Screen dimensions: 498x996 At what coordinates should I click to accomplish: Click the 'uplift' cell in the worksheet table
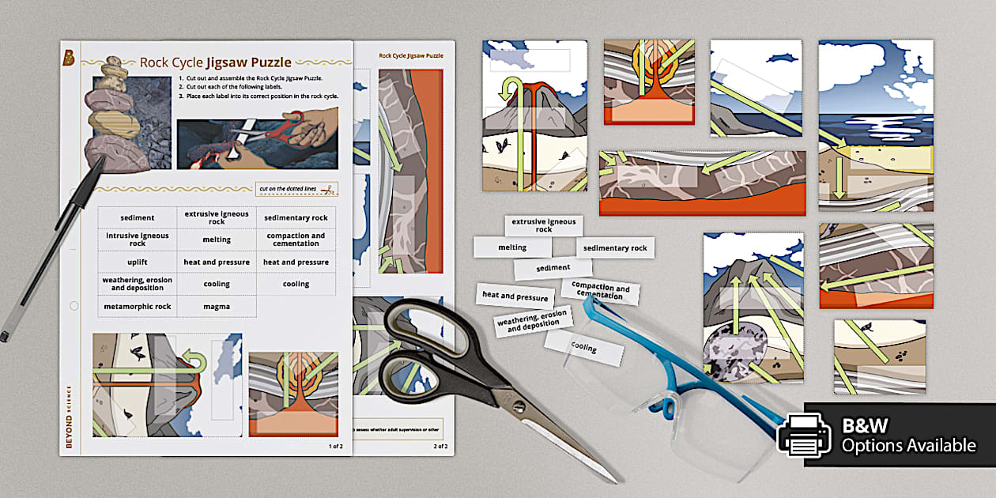(137, 262)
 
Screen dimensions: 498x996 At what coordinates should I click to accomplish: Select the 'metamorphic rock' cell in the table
(137, 307)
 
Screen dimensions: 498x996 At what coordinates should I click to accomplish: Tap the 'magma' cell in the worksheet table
(216, 307)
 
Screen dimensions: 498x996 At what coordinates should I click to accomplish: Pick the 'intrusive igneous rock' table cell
(137, 240)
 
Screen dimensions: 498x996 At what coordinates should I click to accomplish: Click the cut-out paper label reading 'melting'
(512, 247)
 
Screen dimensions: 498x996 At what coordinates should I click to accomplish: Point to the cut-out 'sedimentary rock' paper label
(615, 248)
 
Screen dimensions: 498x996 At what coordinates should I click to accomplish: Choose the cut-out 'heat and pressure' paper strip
(515, 297)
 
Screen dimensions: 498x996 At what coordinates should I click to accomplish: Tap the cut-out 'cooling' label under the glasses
(584, 348)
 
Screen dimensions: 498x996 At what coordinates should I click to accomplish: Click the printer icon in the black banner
(804, 435)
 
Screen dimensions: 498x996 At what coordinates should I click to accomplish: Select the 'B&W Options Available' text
(907, 436)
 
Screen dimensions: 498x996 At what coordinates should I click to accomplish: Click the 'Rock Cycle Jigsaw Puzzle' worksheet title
(215, 62)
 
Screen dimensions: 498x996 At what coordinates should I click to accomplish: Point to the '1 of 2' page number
(335, 447)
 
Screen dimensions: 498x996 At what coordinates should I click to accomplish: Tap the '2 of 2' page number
(440, 447)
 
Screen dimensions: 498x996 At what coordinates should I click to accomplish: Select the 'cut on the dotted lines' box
(296, 189)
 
